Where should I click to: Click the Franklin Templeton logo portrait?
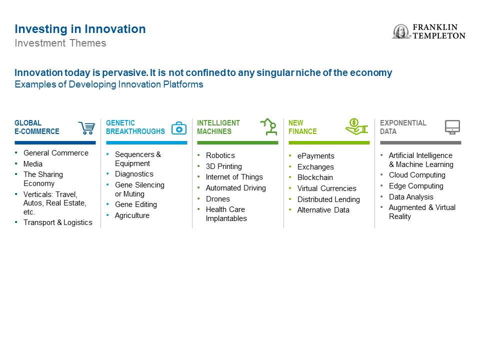pyautogui.click(x=401, y=31)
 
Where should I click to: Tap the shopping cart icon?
pyautogui.click(x=86, y=127)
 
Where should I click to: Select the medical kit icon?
pyautogui.click(x=179, y=128)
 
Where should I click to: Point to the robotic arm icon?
pyautogui.click(x=269, y=126)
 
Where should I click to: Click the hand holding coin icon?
pyautogui.click(x=356, y=126)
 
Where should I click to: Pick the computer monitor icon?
pyautogui.click(x=452, y=127)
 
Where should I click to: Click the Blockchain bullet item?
pyautogui.click(x=315, y=177)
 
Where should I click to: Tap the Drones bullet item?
pyautogui.click(x=217, y=199)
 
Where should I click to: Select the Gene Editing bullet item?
pyautogui.click(x=136, y=204)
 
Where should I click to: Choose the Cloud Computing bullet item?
pyautogui.click(x=417, y=175)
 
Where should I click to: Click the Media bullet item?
pyautogui.click(x=33, y=164)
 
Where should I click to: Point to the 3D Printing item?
pyautogui.click(x=224, y=166)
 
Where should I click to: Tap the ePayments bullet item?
pyautogui.click(x=315, y=156)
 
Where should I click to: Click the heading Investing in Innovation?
pyautogui.click(x=80, y=29)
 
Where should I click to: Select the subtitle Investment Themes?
pyautogui.click(x=60, y=43)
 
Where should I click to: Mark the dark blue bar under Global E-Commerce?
pyautogui.click(x=55, y=142)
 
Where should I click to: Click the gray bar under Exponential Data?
pyautogui.click(x=420, y=142)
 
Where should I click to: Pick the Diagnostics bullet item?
pyautogui.click(x=134, y=174)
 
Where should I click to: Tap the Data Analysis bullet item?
pyautogui.click(x=411, y=197)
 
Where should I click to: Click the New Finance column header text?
pyautogui.click(x=302, y=127)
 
